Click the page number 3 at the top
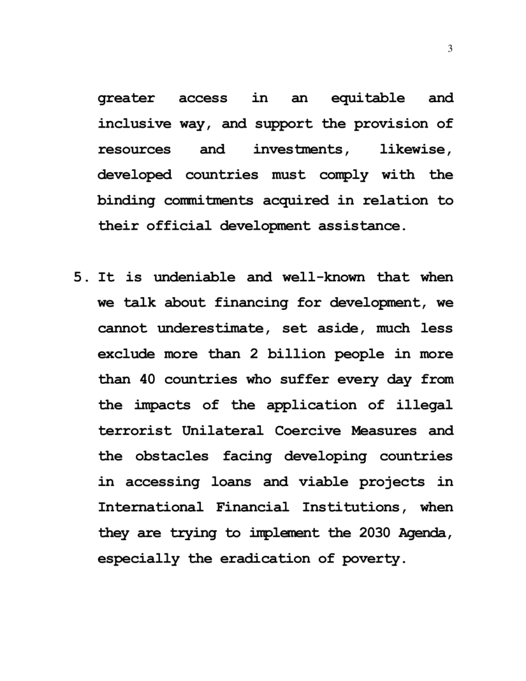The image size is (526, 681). coord(451,50)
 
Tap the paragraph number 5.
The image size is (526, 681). coord(78,277)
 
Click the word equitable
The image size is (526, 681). coord(368,98)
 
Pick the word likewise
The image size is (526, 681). coord(416,149)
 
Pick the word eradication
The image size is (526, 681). coord(257,559)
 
